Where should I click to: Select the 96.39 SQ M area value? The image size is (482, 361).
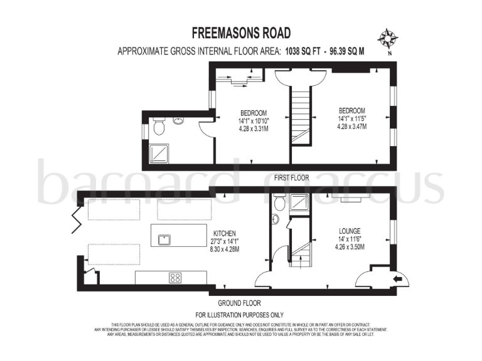tap(345, 51)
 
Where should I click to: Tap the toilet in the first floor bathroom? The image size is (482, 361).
tap(159, 127)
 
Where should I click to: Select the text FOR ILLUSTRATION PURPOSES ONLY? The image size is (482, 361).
tap(240, 315)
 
